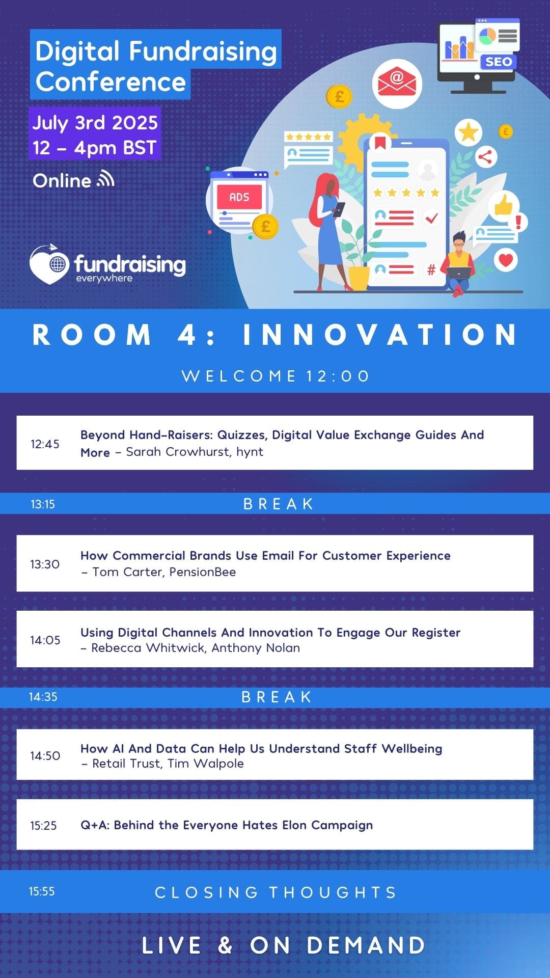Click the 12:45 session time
(x=45, y=444)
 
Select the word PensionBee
(x=203, y=572)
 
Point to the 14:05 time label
(x=45, y=640)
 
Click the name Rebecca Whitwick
(x=149, y=648)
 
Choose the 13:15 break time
(x=43, y=504)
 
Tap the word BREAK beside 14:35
(x=277, y=697)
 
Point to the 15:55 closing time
(x=42, y=891)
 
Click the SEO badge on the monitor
(x=499, y=62)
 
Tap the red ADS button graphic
(x=239, y=197)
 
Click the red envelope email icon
(x=397, y=83)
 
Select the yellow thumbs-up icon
(x=504, y=205)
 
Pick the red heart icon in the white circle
(x=506, y=260)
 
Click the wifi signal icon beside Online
(x=106, y=179)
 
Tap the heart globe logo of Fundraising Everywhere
(x=49, y=264)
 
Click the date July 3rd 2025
(x=95, y=123)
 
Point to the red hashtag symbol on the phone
(x=431, y=270)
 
